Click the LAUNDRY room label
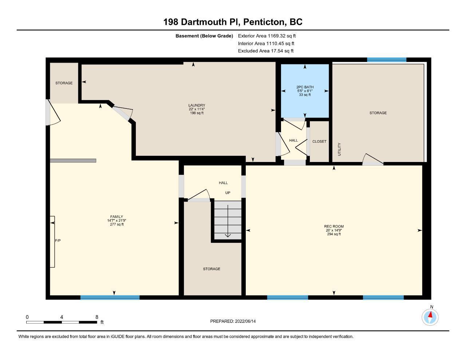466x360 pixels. point(197,105)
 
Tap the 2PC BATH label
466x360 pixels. point(305,87)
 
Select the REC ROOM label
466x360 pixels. point(334,226)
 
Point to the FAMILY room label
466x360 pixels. point(116,217)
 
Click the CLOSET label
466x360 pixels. point(319,142)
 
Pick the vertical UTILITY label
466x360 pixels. point(339,149)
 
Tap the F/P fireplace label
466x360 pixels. point(58,241)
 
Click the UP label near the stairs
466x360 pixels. point(228,193)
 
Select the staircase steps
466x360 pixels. point(228,220)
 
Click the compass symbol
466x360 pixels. point(430,317)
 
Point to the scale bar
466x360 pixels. point(62,322)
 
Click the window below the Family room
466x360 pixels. point(110,297)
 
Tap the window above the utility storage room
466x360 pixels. point(387,60)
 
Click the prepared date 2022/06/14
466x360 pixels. point(245,321)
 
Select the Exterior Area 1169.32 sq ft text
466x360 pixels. point(267,36)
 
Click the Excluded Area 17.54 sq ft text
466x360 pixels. point(266,51)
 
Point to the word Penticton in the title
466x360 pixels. point(265,22)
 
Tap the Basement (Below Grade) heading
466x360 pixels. point(204,36)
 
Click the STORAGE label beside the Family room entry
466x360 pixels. point(64,83)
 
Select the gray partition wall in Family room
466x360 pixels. point(73,161)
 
